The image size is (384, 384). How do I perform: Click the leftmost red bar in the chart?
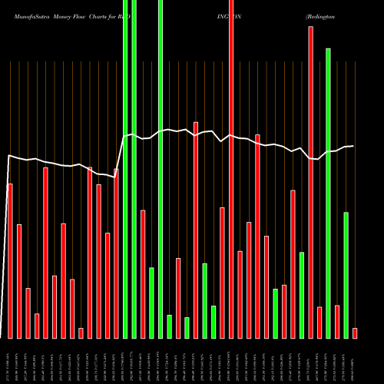point(10,261)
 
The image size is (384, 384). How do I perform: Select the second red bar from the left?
point(19,281)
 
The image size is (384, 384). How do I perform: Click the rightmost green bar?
point(346,275)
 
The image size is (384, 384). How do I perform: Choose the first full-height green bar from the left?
point(125,169)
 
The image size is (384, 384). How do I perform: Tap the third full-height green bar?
point(161,169)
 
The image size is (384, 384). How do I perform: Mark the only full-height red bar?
point(231,169)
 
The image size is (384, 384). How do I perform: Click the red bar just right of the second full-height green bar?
point(143,273)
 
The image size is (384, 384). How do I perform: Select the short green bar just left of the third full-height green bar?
point(152,303)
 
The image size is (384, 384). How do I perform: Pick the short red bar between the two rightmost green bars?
point(337,321)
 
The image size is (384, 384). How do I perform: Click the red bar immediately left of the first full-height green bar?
point(117,253)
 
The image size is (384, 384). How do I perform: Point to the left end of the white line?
point(8,156)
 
